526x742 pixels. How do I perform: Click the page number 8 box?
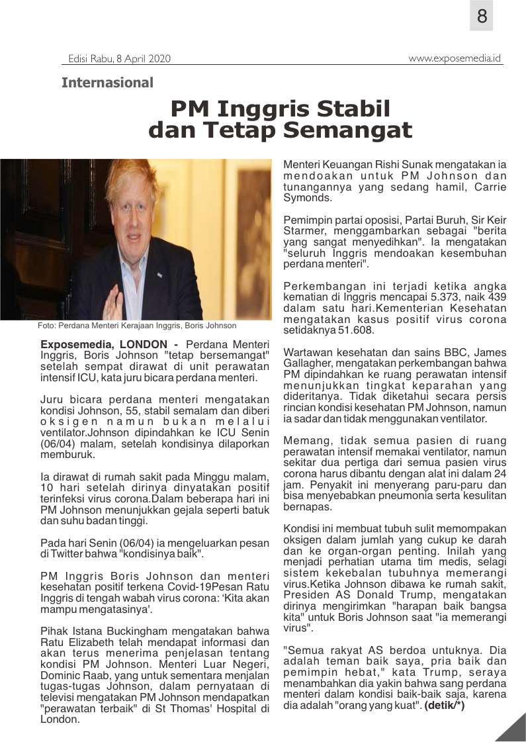coord(481,16)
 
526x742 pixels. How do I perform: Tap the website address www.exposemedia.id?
coord(455,58)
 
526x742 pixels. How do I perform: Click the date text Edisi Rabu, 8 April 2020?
coord(119,59)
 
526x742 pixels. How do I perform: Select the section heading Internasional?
coord(107,83)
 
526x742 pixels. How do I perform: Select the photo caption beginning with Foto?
coord(137,326)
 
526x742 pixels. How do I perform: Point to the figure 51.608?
coord(357,330)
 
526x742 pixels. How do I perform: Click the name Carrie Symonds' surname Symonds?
coord(303,197)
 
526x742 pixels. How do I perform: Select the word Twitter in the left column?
coord(66,553)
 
